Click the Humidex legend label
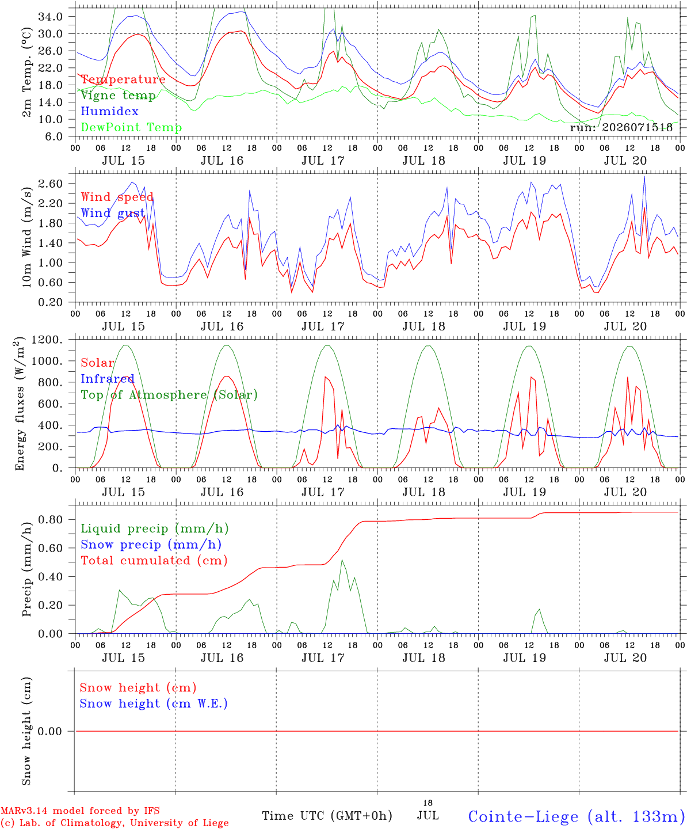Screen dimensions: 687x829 pyautogui.click(x=109, y=111)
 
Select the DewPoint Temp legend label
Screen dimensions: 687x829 pyautogui.click(x=131, y=127)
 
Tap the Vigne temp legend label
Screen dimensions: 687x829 pyautogui.click(x=119, y=96)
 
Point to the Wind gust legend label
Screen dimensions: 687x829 pyautogui.click(x=113, y=213)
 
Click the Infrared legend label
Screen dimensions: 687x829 pyautogui.click(x=108, y=379)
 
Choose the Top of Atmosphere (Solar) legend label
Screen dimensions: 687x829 pyautogui.click(x=170, y=395)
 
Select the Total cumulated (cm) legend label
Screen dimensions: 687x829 pyautogui.click(x=154, y=560)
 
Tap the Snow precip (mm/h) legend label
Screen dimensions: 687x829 pyautogui.click(x=151, y=545)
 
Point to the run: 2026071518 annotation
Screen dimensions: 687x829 pyautogui.click(x=621, y=127)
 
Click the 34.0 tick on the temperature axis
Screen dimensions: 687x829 pyautogui.click(x=51, y=17)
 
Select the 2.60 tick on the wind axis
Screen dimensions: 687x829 pyautogui.click(x=51, y=184)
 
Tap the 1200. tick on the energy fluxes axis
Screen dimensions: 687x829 pyautogui.click(x=47, y=340)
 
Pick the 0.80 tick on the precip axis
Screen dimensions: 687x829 pyautogui.click(x=51, y=519)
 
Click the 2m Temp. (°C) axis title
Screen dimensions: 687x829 pyautogui.click(x=26, y=73)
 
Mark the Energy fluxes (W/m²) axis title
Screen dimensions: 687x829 pyautogui.click(x=20, y=404)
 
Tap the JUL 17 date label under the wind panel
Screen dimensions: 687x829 pyautogui.click(x=323, y=326)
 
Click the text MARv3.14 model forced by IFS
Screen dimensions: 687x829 pyautogui.click(x=80, y=811)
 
